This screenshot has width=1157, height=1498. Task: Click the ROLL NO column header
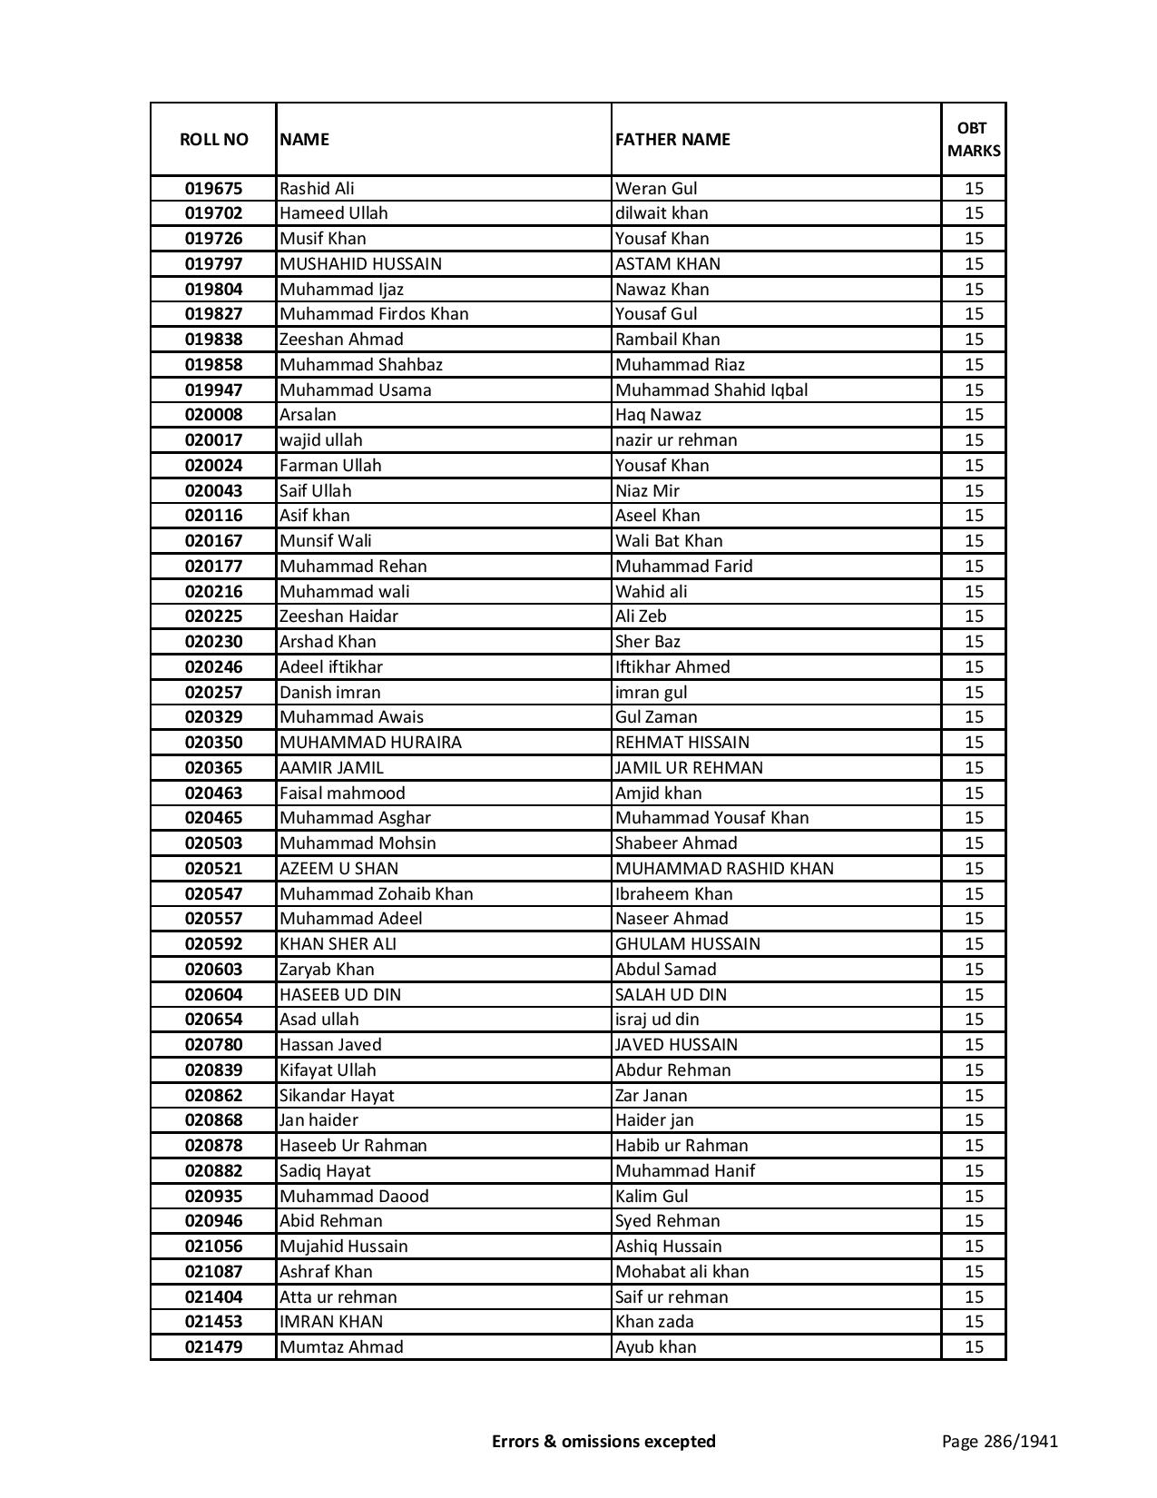213,139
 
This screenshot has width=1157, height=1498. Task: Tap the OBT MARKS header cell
974,139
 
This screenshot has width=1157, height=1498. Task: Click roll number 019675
213,189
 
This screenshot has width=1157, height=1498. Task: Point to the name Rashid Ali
317,189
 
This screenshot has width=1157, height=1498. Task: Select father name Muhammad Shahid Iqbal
711,390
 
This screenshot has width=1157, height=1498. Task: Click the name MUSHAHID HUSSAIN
360,264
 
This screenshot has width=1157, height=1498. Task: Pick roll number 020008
213,415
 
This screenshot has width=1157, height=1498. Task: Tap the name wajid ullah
320,440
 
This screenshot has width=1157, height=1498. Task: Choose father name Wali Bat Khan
669,541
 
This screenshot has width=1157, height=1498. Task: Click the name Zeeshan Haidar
338,616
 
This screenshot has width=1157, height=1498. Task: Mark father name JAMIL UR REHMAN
689,768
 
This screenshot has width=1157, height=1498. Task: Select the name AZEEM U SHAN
338,869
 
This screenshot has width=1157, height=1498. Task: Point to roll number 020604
213,995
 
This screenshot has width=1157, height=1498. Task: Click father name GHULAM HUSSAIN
688,944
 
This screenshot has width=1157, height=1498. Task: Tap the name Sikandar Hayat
337,1096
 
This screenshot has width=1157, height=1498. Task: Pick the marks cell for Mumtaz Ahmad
974,1347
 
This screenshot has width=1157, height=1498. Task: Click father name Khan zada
654,1322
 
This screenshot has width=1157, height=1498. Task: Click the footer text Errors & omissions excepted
603,1441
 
